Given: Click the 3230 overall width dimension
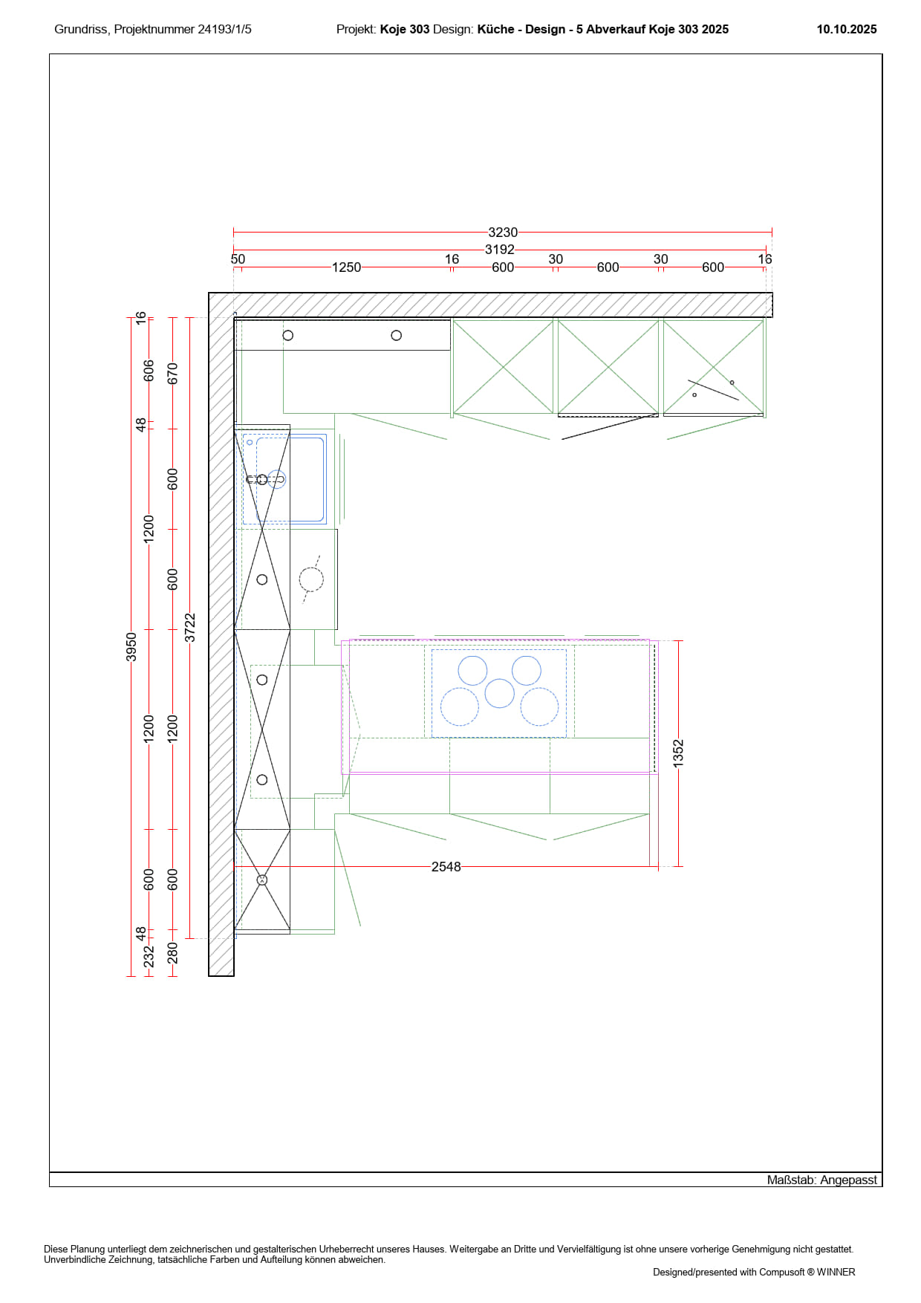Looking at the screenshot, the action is [x=503, y=233].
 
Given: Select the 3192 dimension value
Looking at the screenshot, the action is [x=500, y=250].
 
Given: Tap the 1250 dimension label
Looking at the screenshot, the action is [x=346, y=267].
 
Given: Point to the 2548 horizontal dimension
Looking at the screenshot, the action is [x=446, y=867].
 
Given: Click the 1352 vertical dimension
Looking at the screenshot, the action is [x=678, y=753].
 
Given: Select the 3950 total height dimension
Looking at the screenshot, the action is [x=131, y=646].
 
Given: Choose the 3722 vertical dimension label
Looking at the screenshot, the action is [x=190, y=628].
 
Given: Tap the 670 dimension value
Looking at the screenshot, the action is [x=173, y=374].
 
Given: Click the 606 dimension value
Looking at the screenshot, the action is [x=149, y=371].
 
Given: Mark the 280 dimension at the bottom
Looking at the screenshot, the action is [x=173, y=953].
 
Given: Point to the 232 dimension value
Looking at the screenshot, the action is [x=149, y=956].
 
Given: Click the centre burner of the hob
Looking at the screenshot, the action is [x=500, y=693].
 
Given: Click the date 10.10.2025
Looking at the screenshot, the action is [x=847, y=30].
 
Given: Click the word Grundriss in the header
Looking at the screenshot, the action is [x=82, y=30].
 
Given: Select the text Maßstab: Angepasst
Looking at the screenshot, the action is [x=822, y=1180].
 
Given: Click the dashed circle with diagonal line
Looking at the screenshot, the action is [x=311, y=579].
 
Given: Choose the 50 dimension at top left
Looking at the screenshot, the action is [x=238, y=259].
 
